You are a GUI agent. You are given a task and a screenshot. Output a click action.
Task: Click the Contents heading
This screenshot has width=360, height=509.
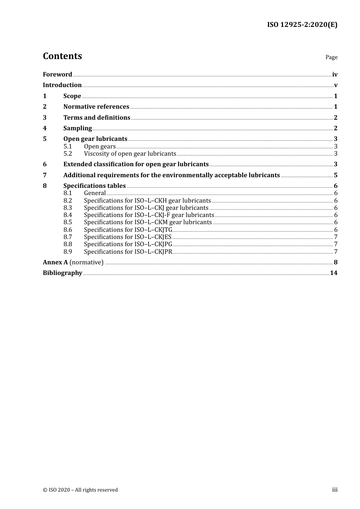[62, 56]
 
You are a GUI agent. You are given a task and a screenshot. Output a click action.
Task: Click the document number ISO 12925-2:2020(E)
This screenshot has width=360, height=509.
[302, 25]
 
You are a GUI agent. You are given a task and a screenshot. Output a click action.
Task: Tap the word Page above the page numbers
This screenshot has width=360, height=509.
[331, 57]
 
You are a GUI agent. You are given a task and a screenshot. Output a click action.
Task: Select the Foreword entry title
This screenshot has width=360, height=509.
[57, 74]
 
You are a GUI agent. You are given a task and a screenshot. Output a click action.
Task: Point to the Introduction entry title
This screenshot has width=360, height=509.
[62, 85]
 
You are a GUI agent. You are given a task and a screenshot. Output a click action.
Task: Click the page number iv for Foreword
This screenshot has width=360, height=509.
[335, 74]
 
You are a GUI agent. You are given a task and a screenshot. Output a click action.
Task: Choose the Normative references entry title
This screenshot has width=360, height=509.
[96, 106]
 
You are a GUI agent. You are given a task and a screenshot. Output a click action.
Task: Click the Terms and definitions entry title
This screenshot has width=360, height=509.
[97, 117]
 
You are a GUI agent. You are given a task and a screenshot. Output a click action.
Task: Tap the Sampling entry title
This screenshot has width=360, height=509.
[77, 128]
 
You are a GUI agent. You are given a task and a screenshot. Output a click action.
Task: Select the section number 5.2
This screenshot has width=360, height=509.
[67, 153]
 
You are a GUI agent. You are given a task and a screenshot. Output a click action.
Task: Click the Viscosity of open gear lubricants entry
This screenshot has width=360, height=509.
[130, 153]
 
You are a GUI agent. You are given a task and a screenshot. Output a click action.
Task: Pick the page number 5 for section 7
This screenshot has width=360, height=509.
[335, 175]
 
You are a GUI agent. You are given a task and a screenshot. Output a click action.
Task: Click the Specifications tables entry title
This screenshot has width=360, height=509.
[94, 186]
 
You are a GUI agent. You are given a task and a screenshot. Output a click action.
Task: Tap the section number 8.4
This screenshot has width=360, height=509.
[67, 215]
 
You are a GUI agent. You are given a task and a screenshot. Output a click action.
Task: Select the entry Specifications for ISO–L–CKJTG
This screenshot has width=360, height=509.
[128, 230]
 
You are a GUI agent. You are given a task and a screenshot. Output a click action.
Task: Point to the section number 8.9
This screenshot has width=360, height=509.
[67, 251]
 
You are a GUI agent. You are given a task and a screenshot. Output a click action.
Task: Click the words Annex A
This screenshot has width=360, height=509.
[53, 262]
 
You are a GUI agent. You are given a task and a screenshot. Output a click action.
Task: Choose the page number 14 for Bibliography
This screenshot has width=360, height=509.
[333, 273]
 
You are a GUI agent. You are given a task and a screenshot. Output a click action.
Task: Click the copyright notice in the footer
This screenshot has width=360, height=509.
[80, 490]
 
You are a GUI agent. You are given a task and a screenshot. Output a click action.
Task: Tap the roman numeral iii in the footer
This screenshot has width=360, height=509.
[335, 489]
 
